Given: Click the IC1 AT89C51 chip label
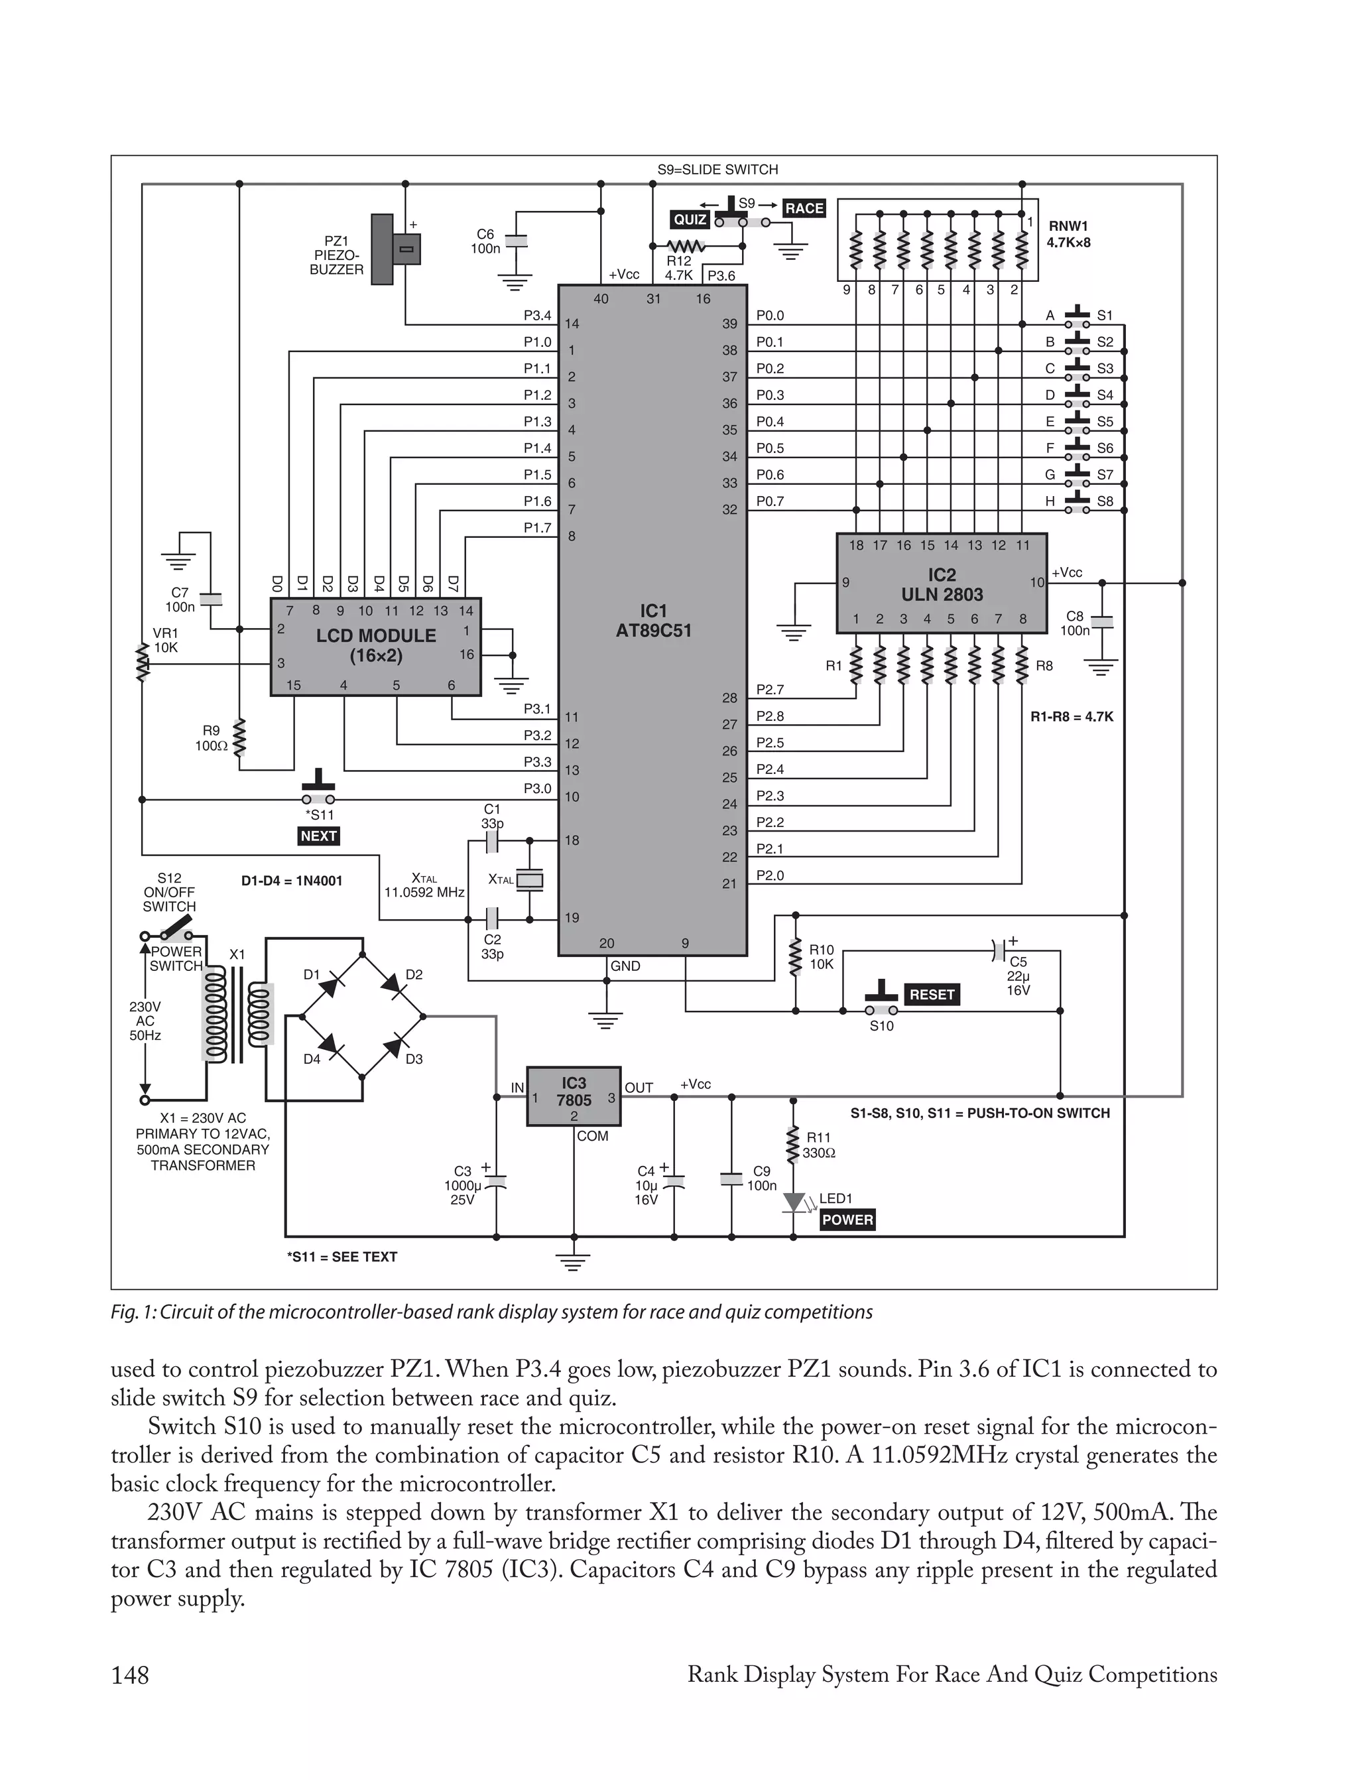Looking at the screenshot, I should click(x=653, y=621).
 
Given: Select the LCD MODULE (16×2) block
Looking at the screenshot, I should click(x=375, y=646).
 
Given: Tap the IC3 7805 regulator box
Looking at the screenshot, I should click(x=573, y=1094).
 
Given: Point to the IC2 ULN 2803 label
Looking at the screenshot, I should click(x=942, y=584).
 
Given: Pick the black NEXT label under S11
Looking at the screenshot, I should click(x=318, y=836).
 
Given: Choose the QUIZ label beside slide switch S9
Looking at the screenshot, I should click(x=690, y=220).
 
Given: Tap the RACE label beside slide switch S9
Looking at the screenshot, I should click(x=804, y=208).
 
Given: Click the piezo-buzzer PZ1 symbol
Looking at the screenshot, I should click(x=395, y=249).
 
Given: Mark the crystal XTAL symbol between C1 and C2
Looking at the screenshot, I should click(x=529, y=880).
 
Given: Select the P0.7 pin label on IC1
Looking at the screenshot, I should click(x=770, y=501).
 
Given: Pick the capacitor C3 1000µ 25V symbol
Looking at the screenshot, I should click(x=495, y=1182).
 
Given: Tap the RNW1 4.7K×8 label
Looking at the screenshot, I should click(x=1069, y=234).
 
